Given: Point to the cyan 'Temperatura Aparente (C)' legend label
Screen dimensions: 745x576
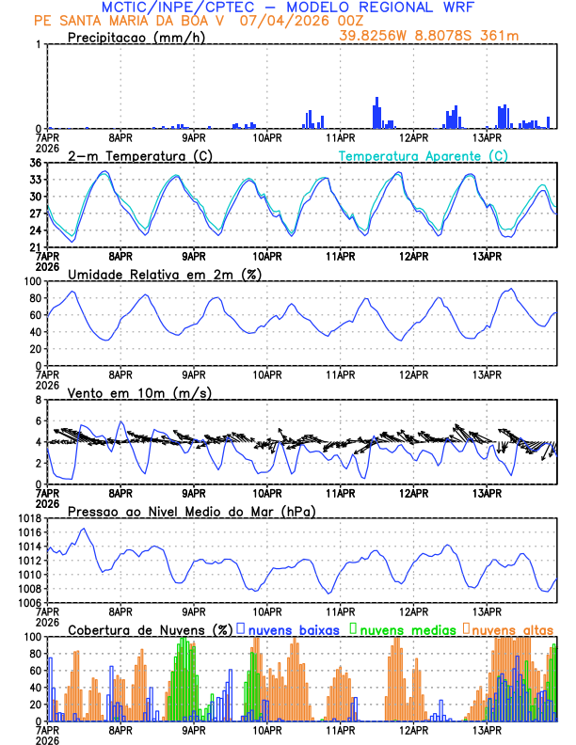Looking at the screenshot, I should pos(423,155).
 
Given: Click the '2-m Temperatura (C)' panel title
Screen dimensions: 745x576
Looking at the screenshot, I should pos(140,155).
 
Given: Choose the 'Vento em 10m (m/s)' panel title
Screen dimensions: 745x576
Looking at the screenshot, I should pos(139,392).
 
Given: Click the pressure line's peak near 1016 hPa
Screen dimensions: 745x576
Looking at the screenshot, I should pos(84,529).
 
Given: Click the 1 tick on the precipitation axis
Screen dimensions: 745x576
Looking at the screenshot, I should pos(39,44).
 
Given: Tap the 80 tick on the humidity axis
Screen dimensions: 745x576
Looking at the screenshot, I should pos(35,298).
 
